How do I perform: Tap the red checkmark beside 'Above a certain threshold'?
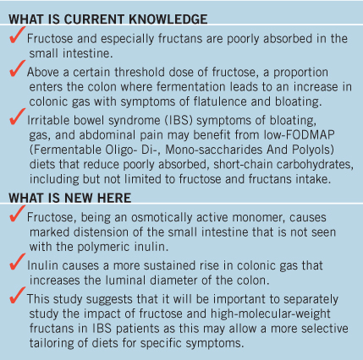tap(17, 68)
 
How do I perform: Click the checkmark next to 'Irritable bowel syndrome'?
tap(17, 117)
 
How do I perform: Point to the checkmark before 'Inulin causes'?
tap(17, 262)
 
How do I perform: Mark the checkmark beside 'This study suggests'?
tap(17, 295)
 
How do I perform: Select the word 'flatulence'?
tap(220, 101)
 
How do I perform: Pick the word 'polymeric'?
tap(102, 247)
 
